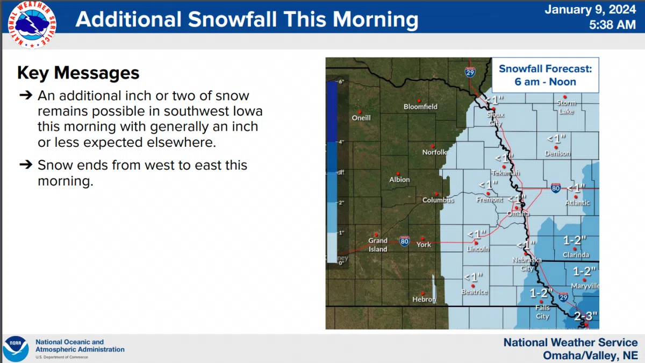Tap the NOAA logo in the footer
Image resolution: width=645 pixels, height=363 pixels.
pyautogui.click(x=16, y=348)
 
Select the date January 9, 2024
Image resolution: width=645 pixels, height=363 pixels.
pyautogui.click(x=590, y=9)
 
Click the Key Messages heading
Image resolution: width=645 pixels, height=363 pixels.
pyautogui.click(x=78, y=73)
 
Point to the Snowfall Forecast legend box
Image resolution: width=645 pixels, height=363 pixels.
pyautogui.click(x=545, y=75)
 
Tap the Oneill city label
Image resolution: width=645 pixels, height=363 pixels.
pyautogui.click(x=361, y=118)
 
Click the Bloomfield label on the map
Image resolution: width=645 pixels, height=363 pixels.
pyautogui.click(x=420, y=106)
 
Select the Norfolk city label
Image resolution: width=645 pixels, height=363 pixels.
pyautogui.click(x=434, y=152)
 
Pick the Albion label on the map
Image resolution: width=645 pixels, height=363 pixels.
pyautogui.click(x=399, y=180)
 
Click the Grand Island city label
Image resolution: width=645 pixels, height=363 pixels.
pyautogui.click(x=378, y=245)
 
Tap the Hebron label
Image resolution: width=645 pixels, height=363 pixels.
pyautogui.click(x=424, y=299)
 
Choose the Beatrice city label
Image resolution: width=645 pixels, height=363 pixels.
pyautogui.click(x=475, y=292)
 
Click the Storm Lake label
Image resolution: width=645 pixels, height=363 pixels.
pyautogui.click(x=566, y=107)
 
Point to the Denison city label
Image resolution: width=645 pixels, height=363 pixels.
pyautogui.click(x=557, y=153)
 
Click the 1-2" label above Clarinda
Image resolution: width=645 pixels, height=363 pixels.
pyautogui.click(x=575, y=240)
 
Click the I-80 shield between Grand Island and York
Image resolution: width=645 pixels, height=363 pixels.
pyautogui.click(x=405, y=241)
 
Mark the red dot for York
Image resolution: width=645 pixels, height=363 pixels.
pyautogui.click(x=422, y=238)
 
